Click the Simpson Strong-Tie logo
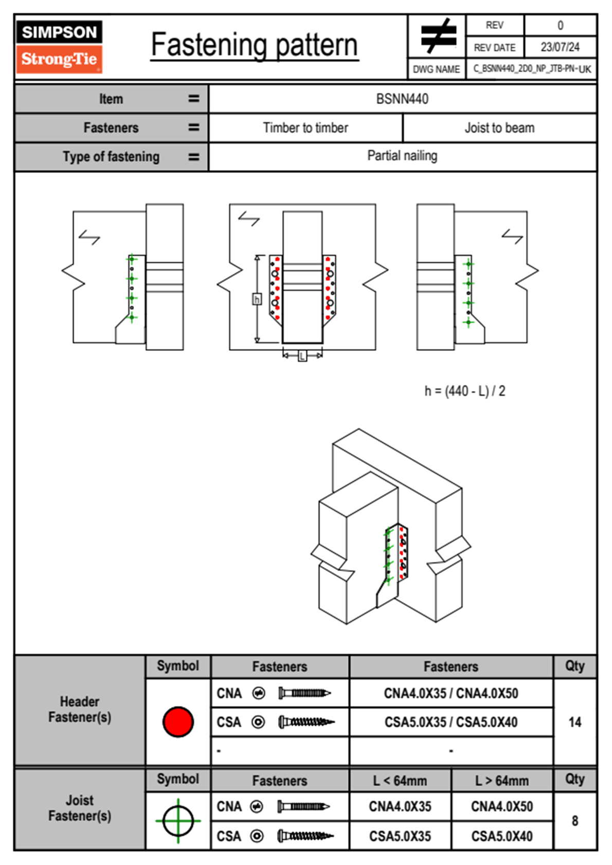coord(59,46)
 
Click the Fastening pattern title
coord(254,45)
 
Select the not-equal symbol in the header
coord(438,36)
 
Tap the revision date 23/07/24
coord(560,47)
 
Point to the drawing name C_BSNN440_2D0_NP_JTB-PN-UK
coord(532,69)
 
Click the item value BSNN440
coord(402,99)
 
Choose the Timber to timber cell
coord(305,128)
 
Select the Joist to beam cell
coord(499,128)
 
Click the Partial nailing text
coord(402,156)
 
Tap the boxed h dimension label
coord(257,299)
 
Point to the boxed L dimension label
coord(302,355)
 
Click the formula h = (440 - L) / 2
coord(464,391)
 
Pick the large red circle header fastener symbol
coord(178,722)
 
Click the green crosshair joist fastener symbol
coord(178,821)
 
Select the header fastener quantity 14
coord(574,722)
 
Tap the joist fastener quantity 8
coord(574,821)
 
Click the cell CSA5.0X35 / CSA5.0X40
coord(451,722)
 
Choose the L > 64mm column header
coord(501,781)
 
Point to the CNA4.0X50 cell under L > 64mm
coord(501,806)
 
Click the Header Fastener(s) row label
coord(80,709)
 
